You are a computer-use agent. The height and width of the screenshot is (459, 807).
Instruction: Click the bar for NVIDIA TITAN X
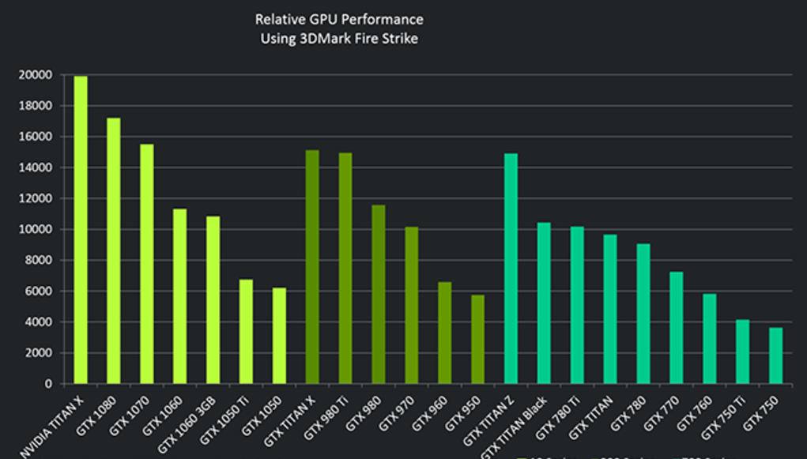point(81,230)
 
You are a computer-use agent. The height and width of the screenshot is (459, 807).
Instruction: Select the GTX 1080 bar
point(114,251)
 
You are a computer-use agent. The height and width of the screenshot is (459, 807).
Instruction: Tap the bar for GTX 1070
point(147,264)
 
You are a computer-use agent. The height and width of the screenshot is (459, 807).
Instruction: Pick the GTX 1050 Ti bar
point(246,332)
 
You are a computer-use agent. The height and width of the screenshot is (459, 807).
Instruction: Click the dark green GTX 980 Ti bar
point(345,269)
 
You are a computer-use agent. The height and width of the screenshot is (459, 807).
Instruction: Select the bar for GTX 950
point(477,340)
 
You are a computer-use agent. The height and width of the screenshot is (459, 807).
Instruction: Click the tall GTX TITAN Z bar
point(511,269)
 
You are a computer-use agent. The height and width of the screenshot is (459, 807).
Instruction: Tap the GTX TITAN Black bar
point(544,303)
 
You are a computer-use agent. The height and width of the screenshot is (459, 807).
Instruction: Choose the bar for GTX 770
point(676,328)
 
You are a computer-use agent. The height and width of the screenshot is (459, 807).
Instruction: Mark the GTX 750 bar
point(775,356)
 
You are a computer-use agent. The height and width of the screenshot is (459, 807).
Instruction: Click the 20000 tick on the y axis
point(37,75)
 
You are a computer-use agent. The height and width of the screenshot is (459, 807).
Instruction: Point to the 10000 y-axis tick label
point(37,230)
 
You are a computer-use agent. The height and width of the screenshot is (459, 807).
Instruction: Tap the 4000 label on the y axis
point(40,322)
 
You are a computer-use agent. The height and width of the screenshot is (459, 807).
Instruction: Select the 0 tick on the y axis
point(49,384)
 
